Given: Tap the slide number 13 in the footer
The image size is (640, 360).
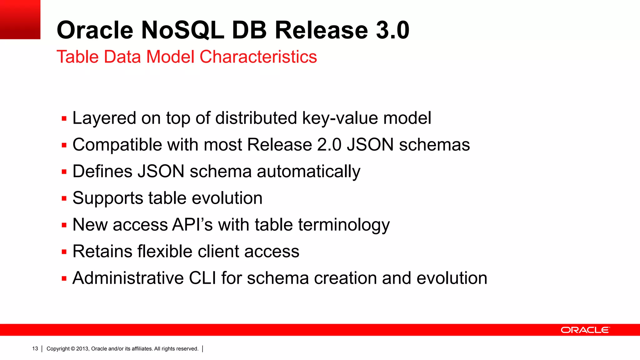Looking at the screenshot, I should pos(35,349).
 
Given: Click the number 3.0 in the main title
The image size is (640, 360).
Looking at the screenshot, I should pos(392,30).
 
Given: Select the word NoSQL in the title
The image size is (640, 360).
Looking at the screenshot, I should pos(182,30).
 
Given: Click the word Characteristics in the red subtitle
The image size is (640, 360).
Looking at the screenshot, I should pos(258,57).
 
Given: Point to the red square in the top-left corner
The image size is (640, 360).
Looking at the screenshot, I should pos(20,19).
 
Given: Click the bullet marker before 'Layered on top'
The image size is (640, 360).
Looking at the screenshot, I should pos(64,119).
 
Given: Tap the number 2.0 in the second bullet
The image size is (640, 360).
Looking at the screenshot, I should pos(329,145).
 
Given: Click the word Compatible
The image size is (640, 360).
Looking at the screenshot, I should pos(117,145).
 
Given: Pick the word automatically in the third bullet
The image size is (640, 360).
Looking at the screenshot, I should pos(308,172).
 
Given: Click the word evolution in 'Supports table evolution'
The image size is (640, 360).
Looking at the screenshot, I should pos(227,198).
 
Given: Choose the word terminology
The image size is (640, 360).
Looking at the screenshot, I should pos(344,225).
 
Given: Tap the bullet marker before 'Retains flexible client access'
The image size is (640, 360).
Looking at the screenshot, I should pos(64,252).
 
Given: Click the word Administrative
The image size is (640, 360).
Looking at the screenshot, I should pos(128,278).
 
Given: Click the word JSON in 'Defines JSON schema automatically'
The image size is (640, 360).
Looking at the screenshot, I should pos(161,172).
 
